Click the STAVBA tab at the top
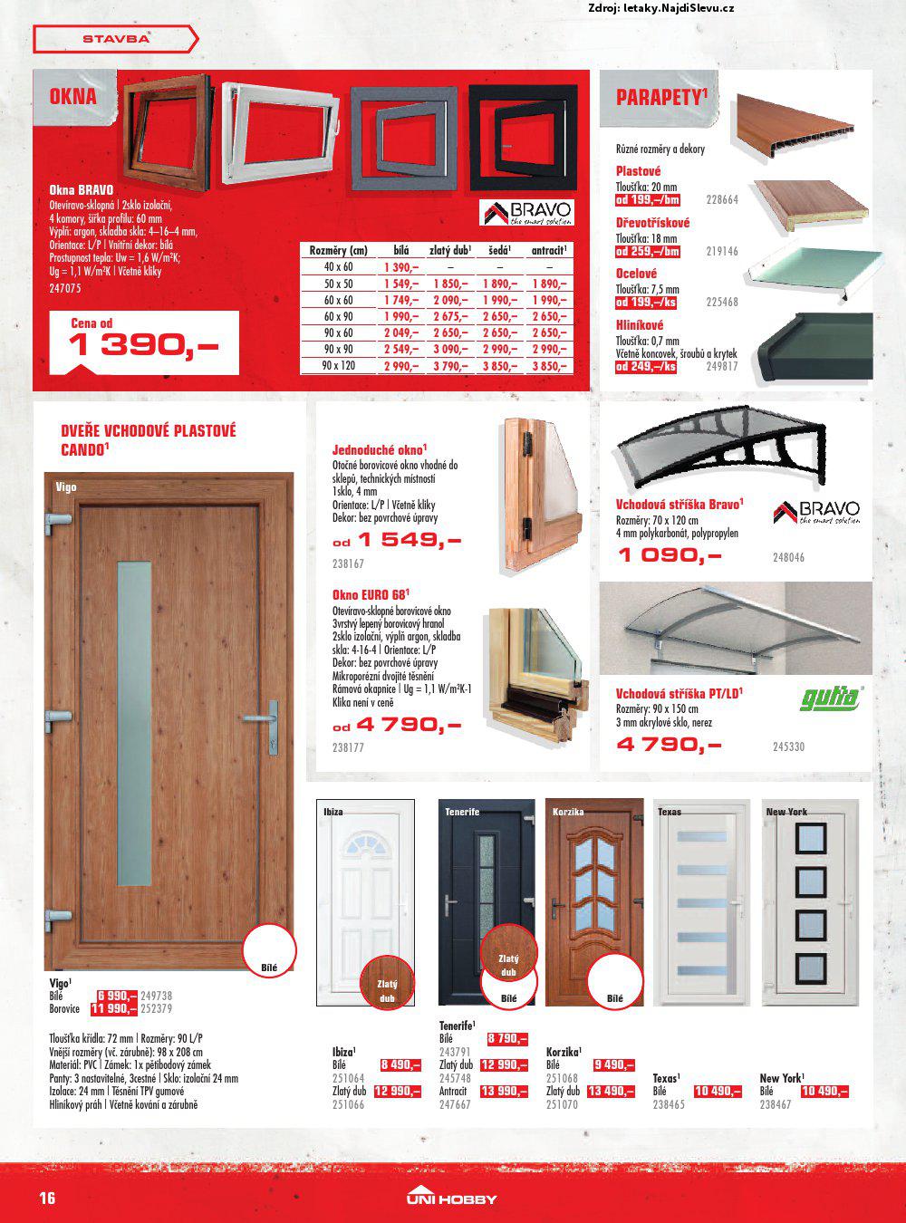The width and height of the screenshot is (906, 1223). (x=115, y=39)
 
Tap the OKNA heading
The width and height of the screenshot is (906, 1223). (x=73, y=96)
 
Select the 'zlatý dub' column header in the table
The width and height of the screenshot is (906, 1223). (x=450, y=250)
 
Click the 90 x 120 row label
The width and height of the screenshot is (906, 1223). (x=339, y=365)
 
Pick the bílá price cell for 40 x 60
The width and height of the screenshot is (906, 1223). (x=400, y=267)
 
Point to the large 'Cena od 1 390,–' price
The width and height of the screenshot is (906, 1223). (x=143, y=343)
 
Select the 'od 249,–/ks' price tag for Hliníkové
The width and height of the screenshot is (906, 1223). (x=646, y=367)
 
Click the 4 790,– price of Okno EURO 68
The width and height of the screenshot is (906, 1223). (x=408, y=725)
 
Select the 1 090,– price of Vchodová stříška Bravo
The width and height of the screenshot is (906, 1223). (x=669, y=554)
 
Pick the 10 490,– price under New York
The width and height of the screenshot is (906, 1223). (x=824, y=1092)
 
